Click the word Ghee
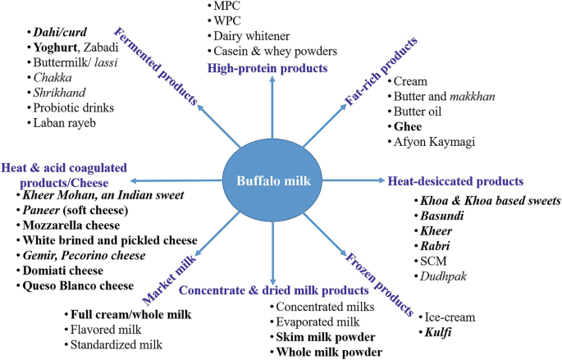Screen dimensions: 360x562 [x=408, y=127]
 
